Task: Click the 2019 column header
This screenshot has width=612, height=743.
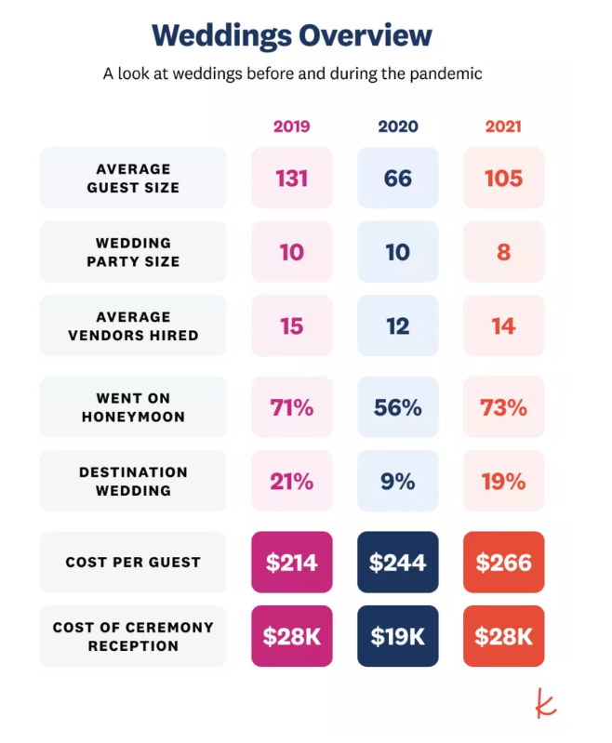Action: (291, 126)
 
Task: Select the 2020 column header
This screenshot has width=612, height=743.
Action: (397, 126)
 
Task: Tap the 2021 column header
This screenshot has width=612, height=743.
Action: (503, 126)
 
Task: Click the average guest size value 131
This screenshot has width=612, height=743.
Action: (291, 178)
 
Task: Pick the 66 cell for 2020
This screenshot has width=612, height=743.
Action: (397, 178)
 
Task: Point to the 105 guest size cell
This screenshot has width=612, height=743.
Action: (503, 178)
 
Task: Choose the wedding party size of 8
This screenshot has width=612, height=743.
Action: (503, 252)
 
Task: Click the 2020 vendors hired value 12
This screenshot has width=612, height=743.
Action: (397, 325)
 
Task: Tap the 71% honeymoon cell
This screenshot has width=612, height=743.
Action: (291, 407)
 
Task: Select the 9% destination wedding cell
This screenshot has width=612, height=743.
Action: (397, 481)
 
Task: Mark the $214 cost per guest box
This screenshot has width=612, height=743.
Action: (291, 563)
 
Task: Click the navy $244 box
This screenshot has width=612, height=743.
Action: (397, 563)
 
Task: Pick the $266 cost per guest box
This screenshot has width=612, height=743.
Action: (503, 563)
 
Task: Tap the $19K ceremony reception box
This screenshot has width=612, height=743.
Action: (397, 636)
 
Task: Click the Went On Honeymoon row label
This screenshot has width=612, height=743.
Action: (133, 407)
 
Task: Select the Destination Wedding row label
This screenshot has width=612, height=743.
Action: (133, 481)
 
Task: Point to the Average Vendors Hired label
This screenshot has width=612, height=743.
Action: (133, 325)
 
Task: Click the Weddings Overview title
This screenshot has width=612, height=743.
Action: (292, 35)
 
